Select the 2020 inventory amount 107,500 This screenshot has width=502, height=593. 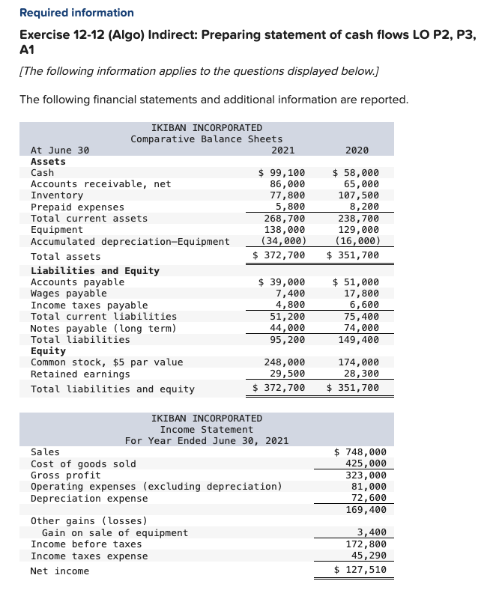click(359, 195)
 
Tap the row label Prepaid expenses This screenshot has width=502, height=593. click(77, 207)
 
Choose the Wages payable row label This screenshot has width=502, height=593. click(68, 294)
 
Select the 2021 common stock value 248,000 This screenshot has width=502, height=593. click(285, 362)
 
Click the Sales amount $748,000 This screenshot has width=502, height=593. click(360, 452)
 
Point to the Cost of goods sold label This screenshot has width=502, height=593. click(83, 463)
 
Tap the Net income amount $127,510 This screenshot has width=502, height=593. click(360, 571)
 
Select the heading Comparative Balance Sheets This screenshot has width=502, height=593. click(207, 139)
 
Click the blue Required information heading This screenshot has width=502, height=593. click(76, 13)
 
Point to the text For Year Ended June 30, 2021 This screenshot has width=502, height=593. click(207, 441)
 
